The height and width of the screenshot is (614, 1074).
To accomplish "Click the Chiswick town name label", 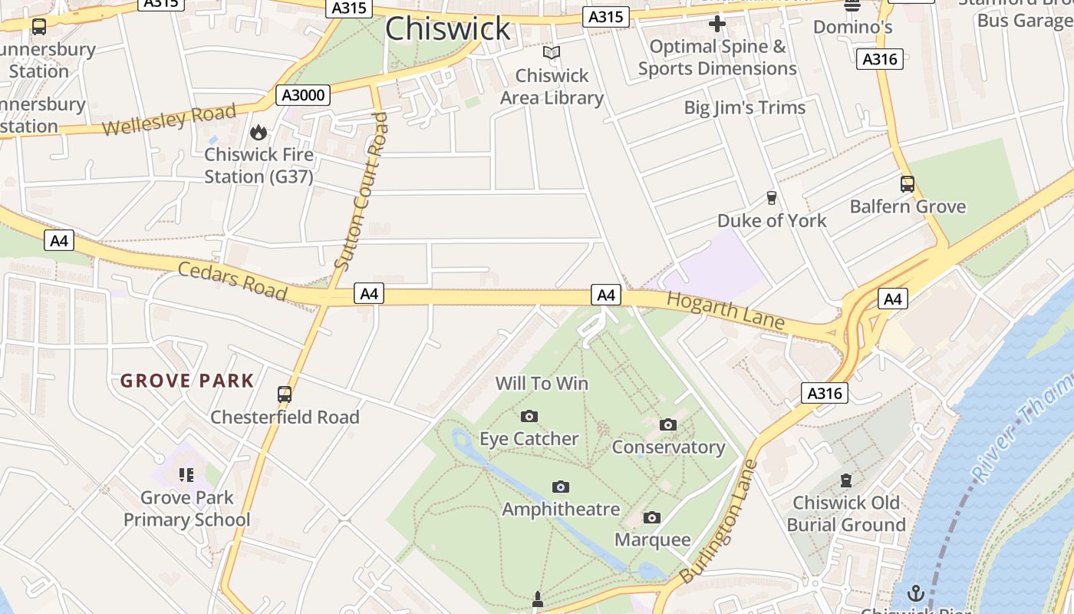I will pyautogui.click(x=447, y=28).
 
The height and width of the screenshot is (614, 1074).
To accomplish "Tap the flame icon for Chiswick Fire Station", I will pyautogui.click(x=259, y=132).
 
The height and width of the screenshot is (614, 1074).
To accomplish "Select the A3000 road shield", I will pyautogui.click(x=303, y=95).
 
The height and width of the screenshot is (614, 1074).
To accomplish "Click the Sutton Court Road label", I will pyautogui.click(x=362, y=192).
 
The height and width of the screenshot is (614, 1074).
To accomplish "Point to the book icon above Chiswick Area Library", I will pyautogui.click(x=552, y=53).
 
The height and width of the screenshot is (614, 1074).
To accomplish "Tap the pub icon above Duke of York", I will pyautogui.click(x=772, y=198).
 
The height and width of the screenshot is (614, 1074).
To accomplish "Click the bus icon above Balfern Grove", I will pyautogui.click(x=908, y=184).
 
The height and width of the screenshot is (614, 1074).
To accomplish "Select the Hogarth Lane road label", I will pyautogui.click(x=725, y=311).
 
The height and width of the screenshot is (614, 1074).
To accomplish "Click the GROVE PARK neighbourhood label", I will pyautogui.click(x=187, y=381).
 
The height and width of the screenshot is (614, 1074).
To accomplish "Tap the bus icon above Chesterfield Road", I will pyautogui.click(x=285, y=394).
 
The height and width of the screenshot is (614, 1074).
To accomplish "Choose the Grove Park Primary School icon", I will pyautogui.click(x=186, y=475).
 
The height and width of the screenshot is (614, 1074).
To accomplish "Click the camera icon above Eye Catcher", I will pyautogui.click(x=529, y=417).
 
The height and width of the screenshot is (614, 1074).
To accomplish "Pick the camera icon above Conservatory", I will pyautogui.click(x=668, y=424).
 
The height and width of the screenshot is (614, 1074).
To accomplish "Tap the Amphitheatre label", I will pyautogui.click(x=561, y=509).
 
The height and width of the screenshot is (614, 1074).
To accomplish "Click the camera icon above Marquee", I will pyautogui.click(x=652, y=517).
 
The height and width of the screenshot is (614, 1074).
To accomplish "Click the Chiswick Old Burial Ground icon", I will pyautogui.click(x=846, y=480).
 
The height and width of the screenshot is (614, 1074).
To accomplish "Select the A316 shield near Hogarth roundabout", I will pyautogui.click(x=825, y=394).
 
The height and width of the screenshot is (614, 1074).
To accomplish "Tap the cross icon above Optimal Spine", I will pyautogui.click(x=717, y=24).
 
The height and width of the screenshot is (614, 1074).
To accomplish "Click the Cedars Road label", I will pyautogui.click(x=232, y=281).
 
